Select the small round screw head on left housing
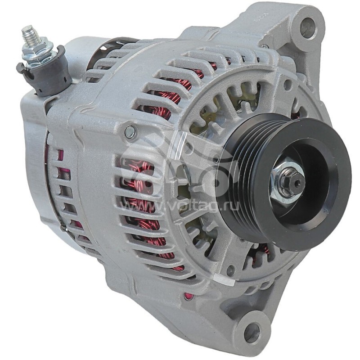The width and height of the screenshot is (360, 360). tap(130, 132)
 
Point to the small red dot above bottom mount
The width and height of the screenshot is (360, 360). tap(188, 296)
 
